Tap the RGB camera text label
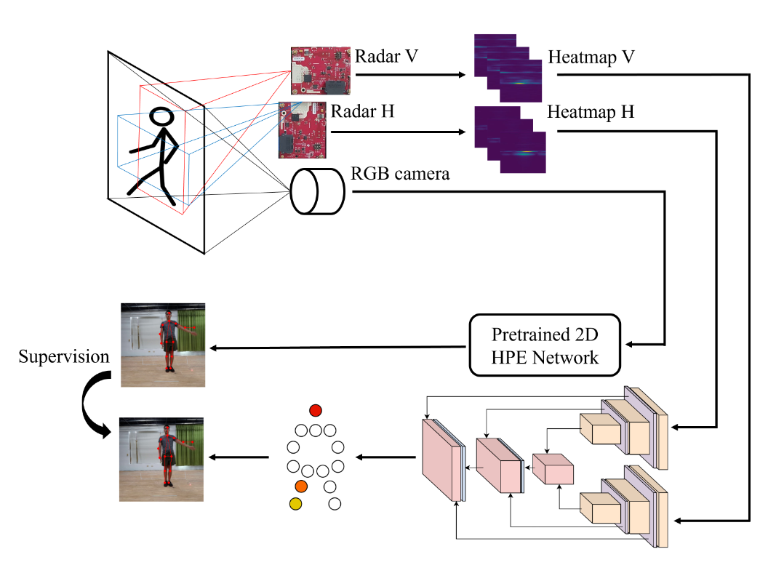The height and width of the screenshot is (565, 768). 400,174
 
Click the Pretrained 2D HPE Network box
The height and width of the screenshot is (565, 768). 545,345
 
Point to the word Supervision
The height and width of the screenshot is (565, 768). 64,357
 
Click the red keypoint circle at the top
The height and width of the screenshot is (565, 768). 315,409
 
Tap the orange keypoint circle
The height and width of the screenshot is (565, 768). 301,485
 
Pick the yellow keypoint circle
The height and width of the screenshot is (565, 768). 295,502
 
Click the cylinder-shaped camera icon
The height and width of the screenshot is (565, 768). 318,191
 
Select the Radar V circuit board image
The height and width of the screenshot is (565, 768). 321,71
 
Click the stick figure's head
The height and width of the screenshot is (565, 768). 161,117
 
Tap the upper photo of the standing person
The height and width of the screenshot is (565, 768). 163,345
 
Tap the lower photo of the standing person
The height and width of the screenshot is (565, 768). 163,459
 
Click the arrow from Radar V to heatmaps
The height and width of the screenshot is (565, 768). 409,75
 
